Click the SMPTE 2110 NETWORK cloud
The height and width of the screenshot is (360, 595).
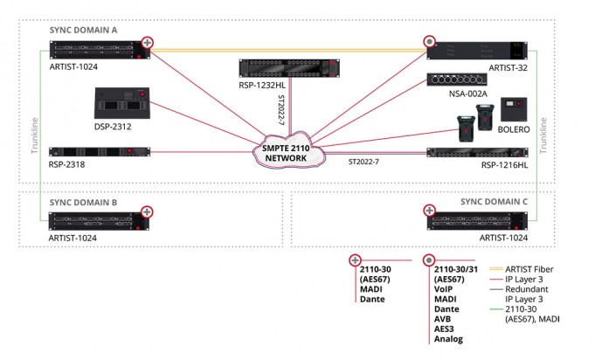coord(288,152)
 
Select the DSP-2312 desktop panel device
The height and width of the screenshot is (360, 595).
coord(121,103)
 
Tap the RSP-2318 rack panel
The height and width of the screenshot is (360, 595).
coord(100,152)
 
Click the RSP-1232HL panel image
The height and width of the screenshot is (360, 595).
coord(289,68)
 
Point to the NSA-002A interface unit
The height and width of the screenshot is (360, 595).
coord(456,80)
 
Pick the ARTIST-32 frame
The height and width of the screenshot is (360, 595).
coord(477,51)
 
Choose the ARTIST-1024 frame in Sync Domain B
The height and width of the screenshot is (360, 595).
coord(99,222)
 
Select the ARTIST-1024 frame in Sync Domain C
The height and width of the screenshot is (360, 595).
coord(477,221)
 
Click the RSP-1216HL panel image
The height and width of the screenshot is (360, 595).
coord(477,153)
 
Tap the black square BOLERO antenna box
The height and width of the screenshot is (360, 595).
coord(514,109)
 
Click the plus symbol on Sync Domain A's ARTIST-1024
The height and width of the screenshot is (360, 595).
coord(148,43)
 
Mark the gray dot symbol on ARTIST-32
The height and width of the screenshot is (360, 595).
coord(430,42)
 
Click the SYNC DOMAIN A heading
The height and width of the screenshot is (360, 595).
coord(83,30)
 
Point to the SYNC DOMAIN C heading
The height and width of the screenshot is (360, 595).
coord(494,202)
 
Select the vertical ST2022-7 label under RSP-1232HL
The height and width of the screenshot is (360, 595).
coord(281,109)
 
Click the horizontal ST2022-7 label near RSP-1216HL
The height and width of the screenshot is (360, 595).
coord(363,162)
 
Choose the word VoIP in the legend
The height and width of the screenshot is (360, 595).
coord(443,289)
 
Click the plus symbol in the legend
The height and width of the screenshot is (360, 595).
coord(355,260)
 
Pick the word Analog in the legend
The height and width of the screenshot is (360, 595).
coord(448,339)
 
